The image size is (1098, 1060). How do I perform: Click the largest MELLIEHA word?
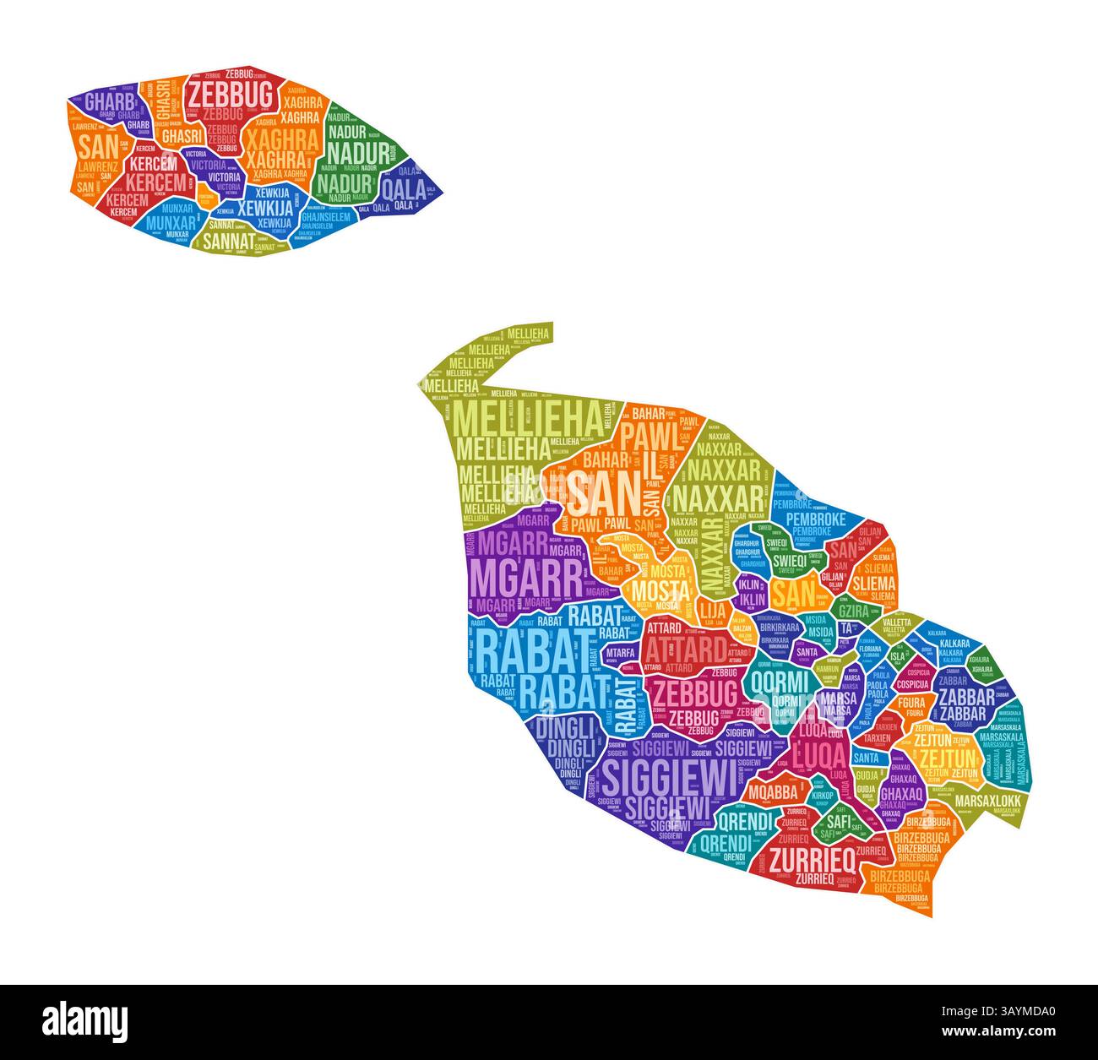529,417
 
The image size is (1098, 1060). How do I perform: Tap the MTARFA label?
621,653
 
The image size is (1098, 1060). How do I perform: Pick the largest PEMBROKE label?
809,519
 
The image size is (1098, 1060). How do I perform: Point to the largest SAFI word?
838,819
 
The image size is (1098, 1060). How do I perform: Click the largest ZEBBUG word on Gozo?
230,93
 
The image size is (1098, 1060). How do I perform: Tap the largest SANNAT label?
227,239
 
